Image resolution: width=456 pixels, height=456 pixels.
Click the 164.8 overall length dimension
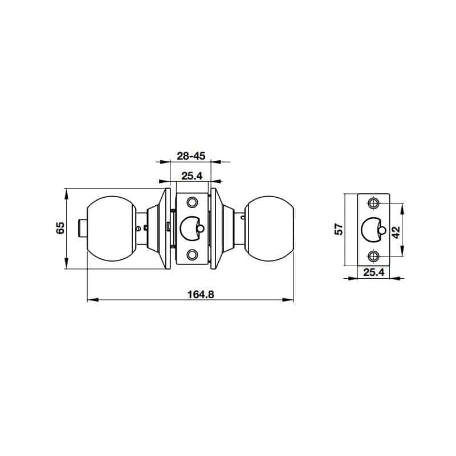[201, 294]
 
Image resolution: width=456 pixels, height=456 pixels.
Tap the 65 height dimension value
[60, 228]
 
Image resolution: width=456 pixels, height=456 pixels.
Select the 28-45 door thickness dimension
[191, 156]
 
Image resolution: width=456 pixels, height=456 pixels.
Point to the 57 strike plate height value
[339, 229]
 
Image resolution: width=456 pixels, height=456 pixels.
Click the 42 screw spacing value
[396, 232]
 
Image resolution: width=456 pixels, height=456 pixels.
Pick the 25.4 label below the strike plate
[374, 272]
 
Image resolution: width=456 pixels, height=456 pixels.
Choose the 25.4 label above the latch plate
[192, 176]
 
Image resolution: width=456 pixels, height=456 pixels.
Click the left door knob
[111, 229]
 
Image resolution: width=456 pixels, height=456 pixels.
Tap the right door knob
[269, 229]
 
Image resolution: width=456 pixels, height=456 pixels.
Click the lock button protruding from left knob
[83, 229]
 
